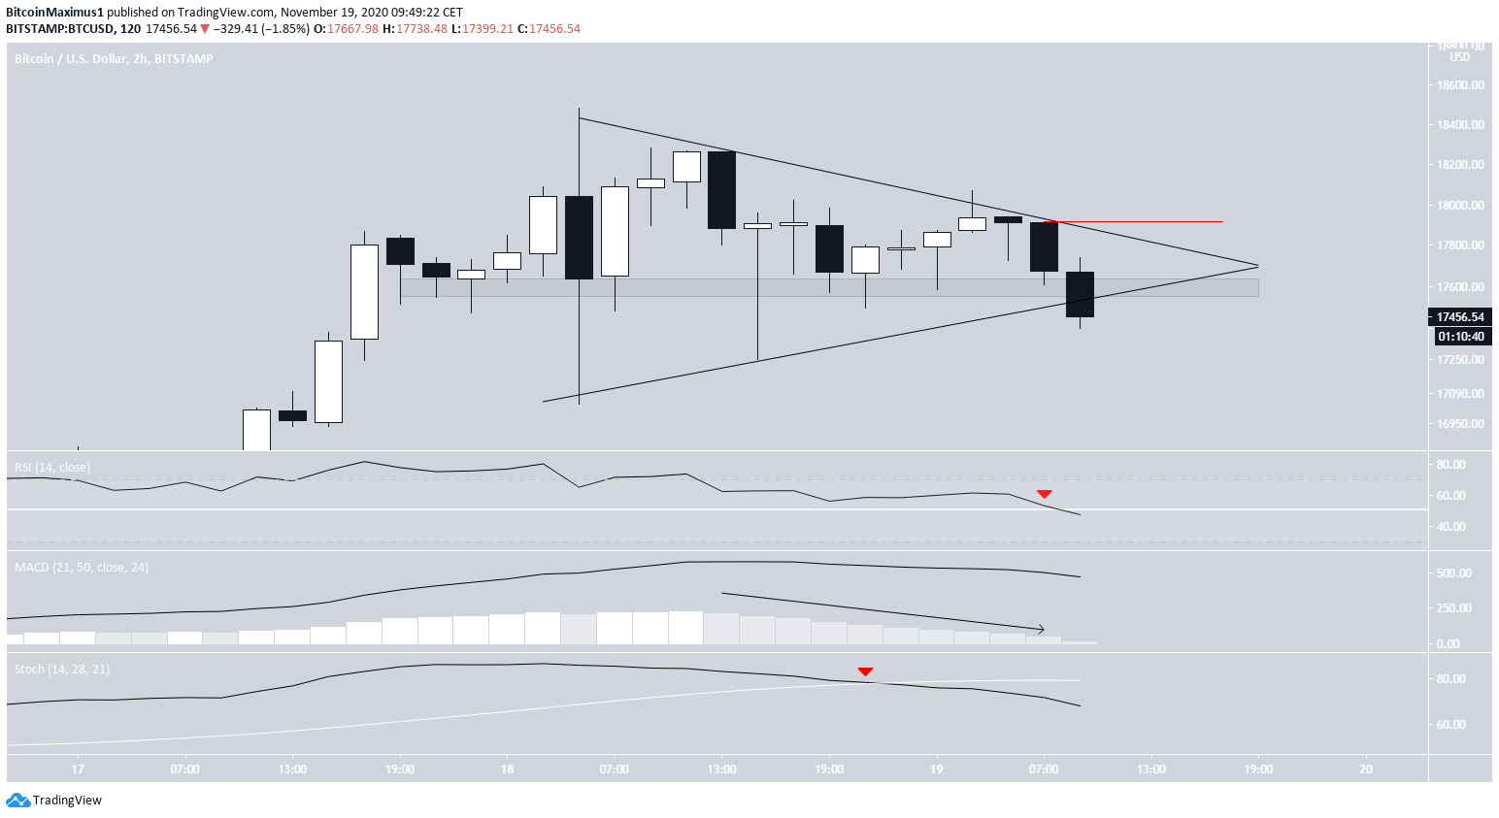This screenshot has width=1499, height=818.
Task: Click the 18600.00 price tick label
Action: click(x=1460, y=85)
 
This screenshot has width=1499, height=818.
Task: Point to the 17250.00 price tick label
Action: click(x=1460, y=360)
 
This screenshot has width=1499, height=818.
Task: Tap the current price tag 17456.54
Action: click(x=1460, y=317)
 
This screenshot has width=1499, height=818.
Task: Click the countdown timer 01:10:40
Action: click(x=1460, y=337)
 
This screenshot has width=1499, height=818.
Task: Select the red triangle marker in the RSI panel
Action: click(x=1044, y=495)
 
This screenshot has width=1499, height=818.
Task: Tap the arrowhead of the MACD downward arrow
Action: click(x=1041, y=630)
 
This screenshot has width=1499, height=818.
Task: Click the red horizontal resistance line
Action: click(x=1146, y=222)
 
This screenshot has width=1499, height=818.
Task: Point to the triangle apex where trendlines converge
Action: click(x=1257, y=266)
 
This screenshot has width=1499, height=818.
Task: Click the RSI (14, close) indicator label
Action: click(x=52, y=468)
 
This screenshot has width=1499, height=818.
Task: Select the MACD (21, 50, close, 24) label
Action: click(x=82, y=568)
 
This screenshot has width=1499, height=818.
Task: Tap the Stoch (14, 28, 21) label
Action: click(x=62, y=670)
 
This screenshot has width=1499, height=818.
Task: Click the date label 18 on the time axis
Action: click(x=507, y=769)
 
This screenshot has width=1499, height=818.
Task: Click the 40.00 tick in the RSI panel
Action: click(x=1450, y=527)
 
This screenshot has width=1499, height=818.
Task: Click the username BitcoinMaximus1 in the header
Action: click(x=54, y=13)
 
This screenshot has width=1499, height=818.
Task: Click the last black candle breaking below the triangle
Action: click(x=1080, y=294)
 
